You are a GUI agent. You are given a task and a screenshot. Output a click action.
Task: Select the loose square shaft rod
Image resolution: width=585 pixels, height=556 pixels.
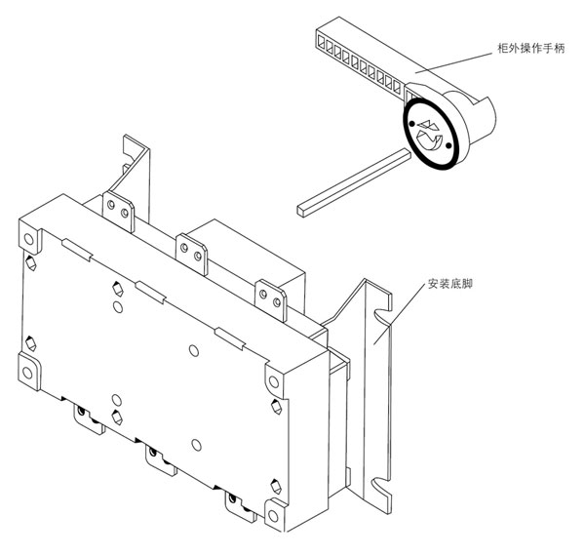[x=351, y=180]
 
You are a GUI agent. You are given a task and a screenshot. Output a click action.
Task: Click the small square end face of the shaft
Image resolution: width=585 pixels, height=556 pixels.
[x=300, y=208]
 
